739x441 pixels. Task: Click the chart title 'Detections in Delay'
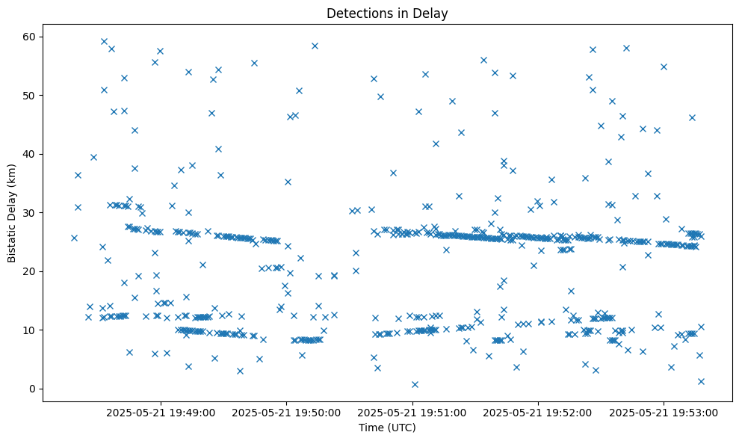coord(387,13)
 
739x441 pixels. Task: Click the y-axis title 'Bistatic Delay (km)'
coord(12,213)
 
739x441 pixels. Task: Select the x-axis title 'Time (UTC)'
coord(387,428)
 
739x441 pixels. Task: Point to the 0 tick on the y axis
coord(32,389)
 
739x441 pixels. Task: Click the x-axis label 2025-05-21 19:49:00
coord(161,412)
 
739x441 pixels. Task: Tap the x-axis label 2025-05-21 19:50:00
coord(286,412)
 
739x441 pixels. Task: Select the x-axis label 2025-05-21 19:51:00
coord(412,412)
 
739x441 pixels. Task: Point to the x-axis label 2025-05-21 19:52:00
coord(538,412)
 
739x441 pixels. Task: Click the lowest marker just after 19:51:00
coord(415,384)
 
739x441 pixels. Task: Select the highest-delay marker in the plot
coord(104,41)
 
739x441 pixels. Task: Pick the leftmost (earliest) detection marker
coord(74,238)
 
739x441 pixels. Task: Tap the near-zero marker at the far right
coord(701,381)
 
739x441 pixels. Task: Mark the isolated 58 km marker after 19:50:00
coord(315,46)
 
